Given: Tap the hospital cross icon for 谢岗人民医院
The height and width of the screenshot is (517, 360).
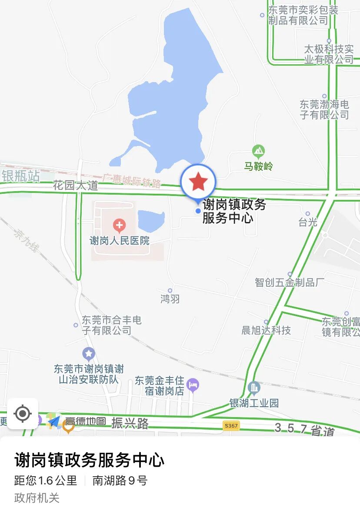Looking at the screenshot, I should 119,225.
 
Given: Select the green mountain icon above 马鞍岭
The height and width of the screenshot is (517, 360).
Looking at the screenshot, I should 258,152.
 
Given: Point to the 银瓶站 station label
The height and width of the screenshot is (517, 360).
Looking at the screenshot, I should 20,176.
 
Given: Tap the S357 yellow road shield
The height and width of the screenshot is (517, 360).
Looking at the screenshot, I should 231,425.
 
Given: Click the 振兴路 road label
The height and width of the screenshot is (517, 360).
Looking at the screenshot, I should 130,423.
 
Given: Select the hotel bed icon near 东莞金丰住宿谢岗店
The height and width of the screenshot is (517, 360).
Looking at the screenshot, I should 193,384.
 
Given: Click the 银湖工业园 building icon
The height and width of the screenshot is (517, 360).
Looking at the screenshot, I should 254,387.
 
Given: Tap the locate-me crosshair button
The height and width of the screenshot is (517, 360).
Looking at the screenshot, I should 23,413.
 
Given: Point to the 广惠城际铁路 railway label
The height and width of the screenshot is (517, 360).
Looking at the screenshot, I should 132,181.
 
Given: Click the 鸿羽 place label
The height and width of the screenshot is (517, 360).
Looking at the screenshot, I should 170,299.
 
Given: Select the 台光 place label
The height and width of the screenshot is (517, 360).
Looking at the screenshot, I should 308,222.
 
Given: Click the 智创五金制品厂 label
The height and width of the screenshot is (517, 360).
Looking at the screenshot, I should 290,282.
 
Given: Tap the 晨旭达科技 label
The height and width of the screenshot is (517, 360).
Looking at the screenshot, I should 266,330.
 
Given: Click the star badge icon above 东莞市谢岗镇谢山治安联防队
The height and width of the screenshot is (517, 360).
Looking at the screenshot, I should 89,354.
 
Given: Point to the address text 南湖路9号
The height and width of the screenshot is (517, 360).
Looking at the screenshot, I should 120,480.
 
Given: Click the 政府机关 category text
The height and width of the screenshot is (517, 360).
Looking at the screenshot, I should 37,498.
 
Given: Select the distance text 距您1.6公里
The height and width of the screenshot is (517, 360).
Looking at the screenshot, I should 46,480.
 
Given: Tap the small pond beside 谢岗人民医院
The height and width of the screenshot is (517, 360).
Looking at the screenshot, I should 151,220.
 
